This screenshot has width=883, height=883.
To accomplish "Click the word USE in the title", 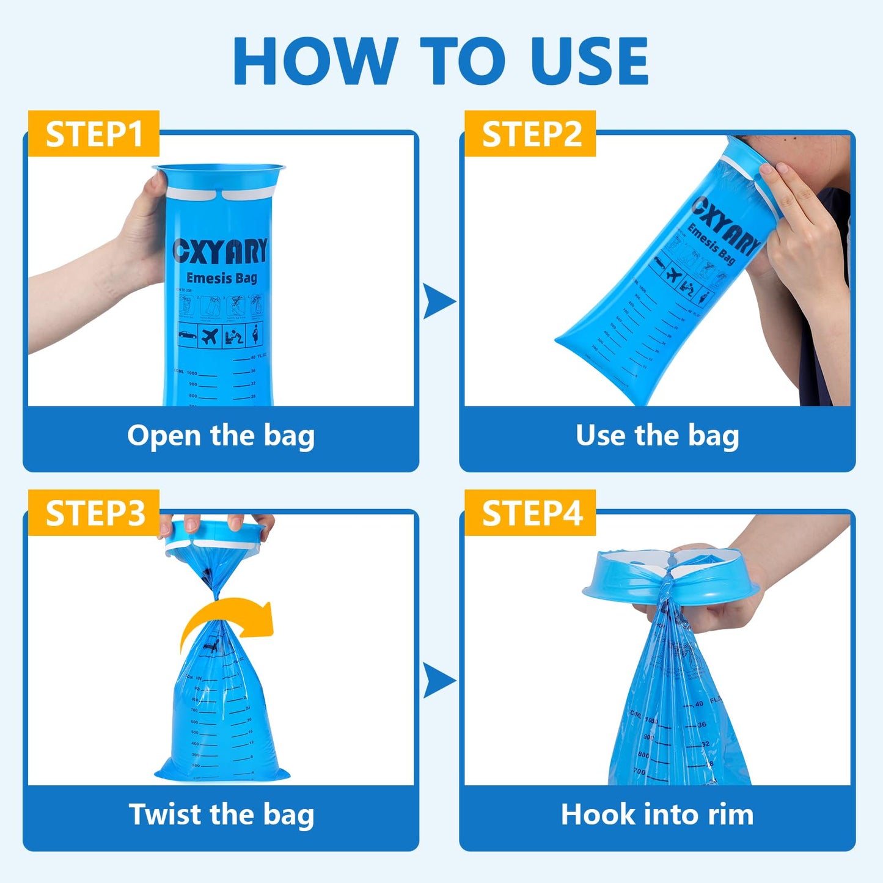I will (x=588, y=61).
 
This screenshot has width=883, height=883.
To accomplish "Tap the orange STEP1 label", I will (x=93, y=134).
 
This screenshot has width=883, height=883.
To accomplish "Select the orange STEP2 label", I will (x=530, y=134).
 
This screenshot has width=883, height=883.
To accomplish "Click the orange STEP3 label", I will (x=93, y=513).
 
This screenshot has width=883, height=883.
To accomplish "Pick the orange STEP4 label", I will (x=530, y=513).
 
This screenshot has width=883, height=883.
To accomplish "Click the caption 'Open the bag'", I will (x=221, y=436).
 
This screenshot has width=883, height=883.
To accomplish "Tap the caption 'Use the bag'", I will (x=657, y=436).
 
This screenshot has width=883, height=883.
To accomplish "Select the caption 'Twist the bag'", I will (x=221, y=815).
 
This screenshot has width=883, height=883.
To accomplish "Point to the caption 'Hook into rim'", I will (x=657, y=815).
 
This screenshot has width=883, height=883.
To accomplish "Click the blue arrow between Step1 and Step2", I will (x=438, y=301).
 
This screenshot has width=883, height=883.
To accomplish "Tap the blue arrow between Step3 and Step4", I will (x=438, y=680).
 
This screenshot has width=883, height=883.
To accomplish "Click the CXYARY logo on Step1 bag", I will (x=221, y=251).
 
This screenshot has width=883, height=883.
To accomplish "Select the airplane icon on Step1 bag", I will (x=210, y=336).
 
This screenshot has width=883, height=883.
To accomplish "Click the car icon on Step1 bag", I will (x=188, y=335).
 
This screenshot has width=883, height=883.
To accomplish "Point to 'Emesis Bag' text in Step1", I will (x=221, y=279).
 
